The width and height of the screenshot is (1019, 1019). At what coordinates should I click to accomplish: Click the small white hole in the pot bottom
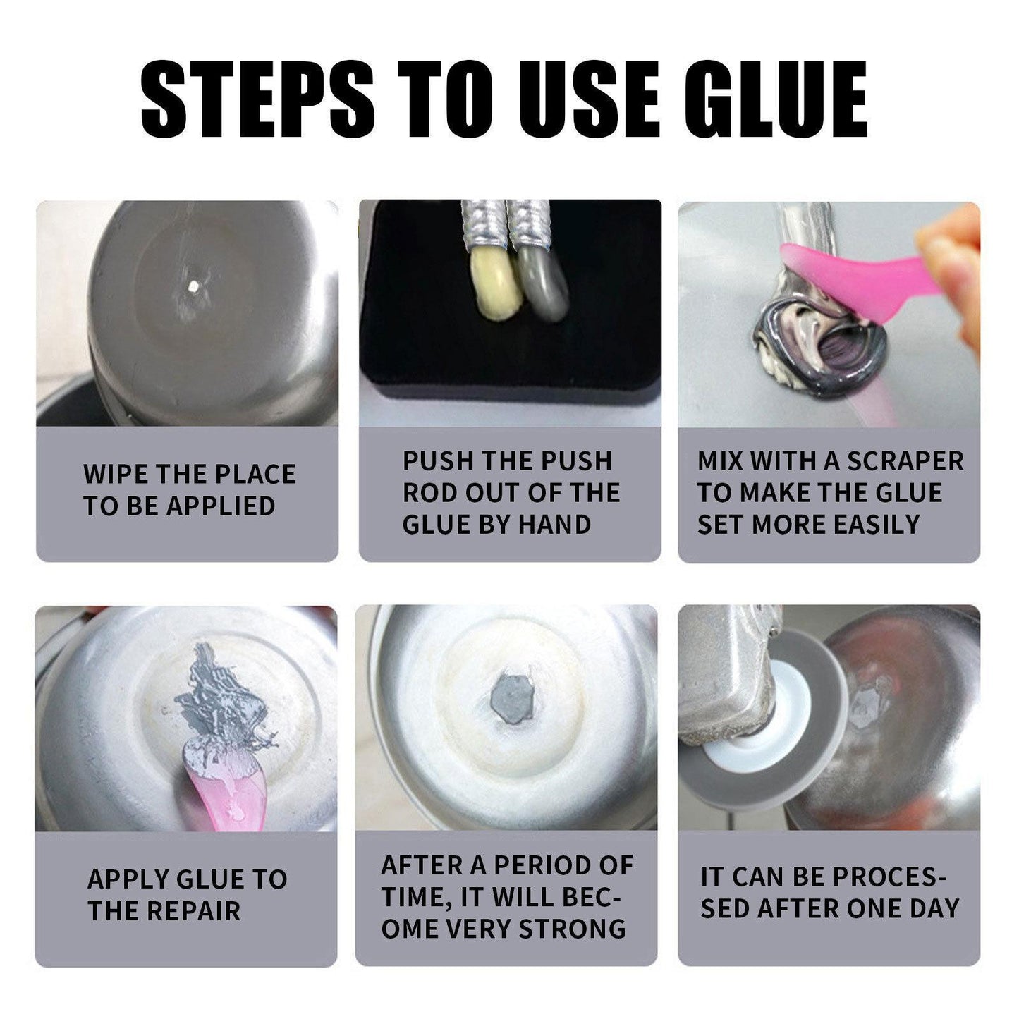click(191, 286)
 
